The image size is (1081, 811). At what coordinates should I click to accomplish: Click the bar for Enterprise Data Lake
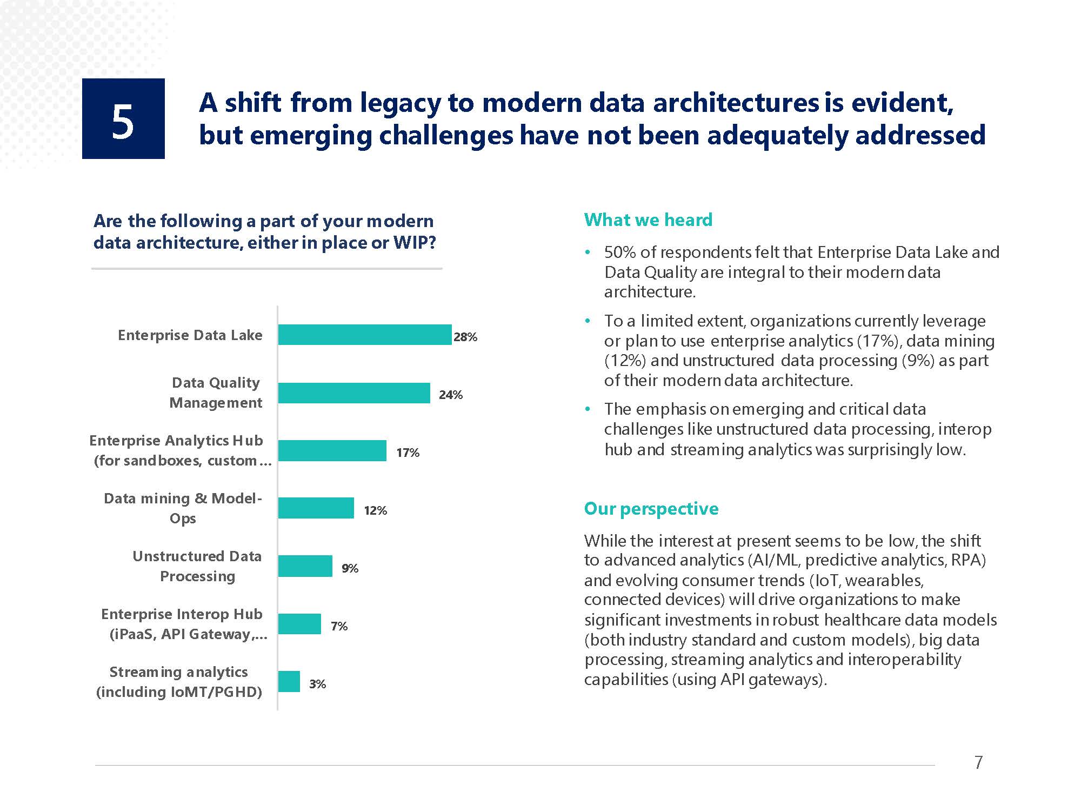click(365, 335)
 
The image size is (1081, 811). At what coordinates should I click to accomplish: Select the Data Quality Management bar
click(354, 393)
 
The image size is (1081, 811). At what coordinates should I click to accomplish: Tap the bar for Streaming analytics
click(289, 682)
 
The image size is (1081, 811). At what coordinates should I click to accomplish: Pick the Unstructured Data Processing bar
click(305, 566)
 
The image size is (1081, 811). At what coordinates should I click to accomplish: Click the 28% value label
click(465, 337)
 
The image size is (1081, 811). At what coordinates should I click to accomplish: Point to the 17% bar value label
click(408, 453)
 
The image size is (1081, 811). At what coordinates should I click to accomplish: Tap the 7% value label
click(339, 626)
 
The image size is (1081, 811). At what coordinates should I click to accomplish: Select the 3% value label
click(317, 684)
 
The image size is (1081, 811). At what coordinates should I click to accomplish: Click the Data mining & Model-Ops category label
click(183, 508)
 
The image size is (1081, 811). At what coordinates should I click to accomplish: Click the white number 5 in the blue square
click(123, 122)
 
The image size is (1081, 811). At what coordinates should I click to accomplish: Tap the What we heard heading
click(648, 220)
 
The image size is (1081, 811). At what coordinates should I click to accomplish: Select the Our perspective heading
click(651, 509)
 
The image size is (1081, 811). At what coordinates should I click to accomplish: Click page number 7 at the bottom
click(978, 762)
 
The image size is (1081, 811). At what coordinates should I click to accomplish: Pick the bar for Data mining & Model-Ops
click(316, 508)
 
